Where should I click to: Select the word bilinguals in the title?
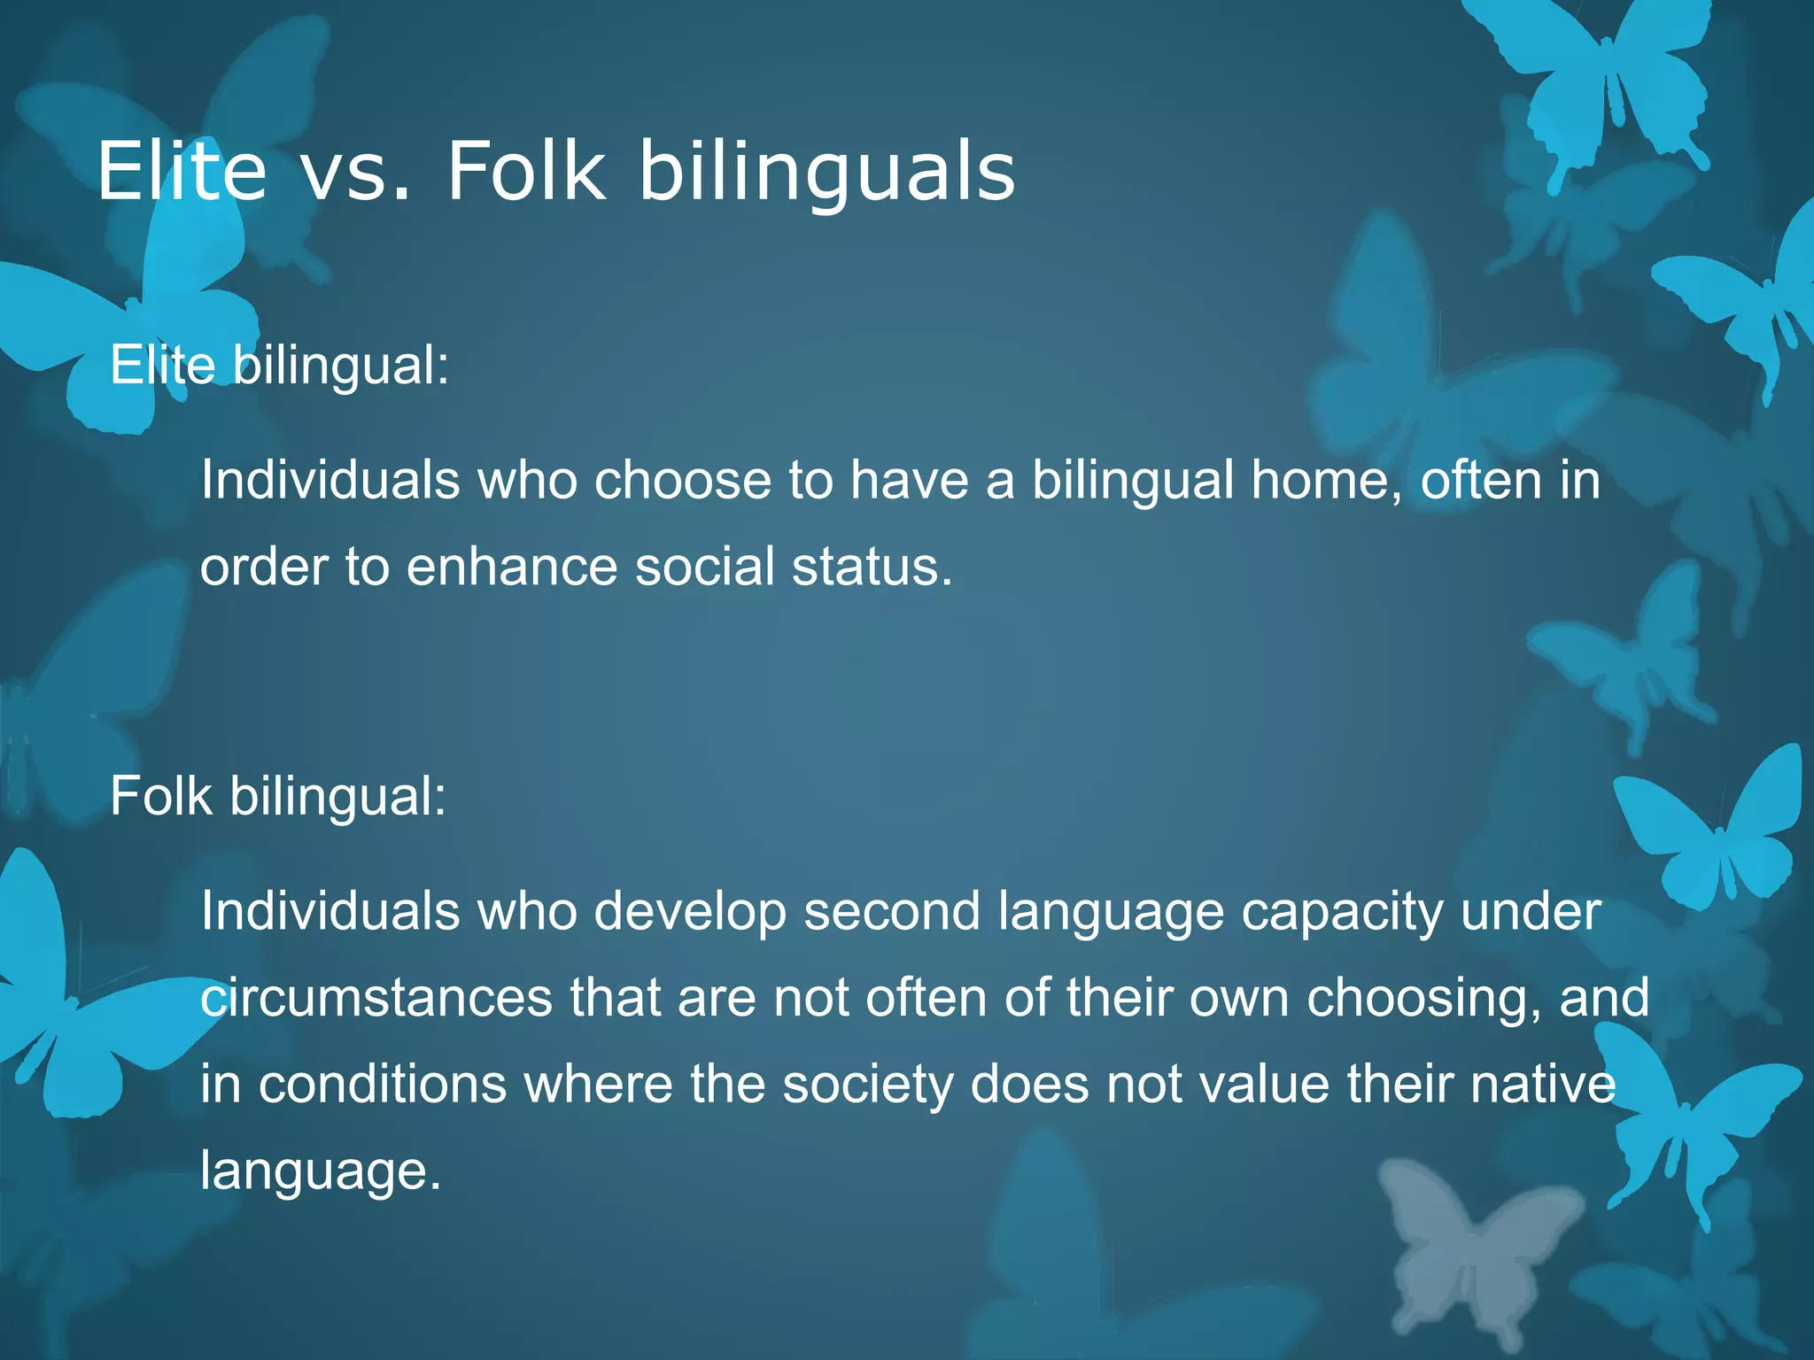826,173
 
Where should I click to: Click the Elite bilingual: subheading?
280,365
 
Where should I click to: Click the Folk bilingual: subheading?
278,795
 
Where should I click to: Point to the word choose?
683,481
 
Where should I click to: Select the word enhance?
512,567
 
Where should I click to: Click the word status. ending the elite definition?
872,567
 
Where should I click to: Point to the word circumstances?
376,998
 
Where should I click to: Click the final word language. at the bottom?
321,1171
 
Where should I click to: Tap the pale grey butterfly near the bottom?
1470,1240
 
